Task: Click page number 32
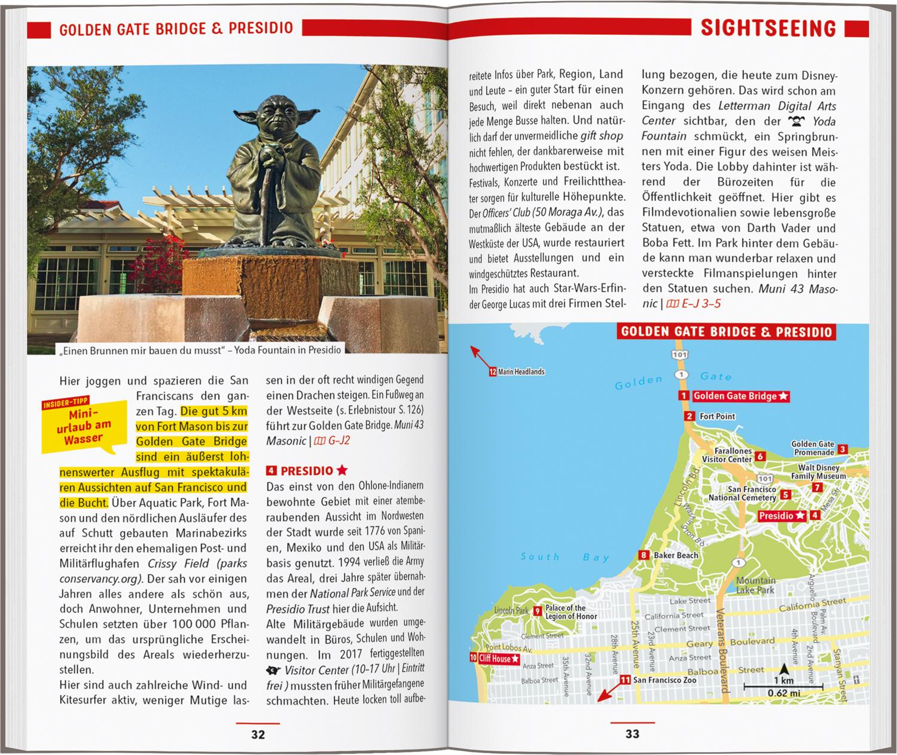click(258, 734)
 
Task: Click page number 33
click(632, 734)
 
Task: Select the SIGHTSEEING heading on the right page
click(768, 28)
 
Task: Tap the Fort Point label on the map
click(717, 416)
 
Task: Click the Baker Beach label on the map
click(675, 555)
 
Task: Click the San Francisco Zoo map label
click(664, 680)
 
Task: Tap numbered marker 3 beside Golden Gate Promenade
click(842, 449)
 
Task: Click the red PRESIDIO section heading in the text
click(307, 470)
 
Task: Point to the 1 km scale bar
click(783, 687)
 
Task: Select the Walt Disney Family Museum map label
click(819, 472)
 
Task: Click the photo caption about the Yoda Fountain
click(200, 350)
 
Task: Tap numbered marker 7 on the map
click(817, 487)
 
